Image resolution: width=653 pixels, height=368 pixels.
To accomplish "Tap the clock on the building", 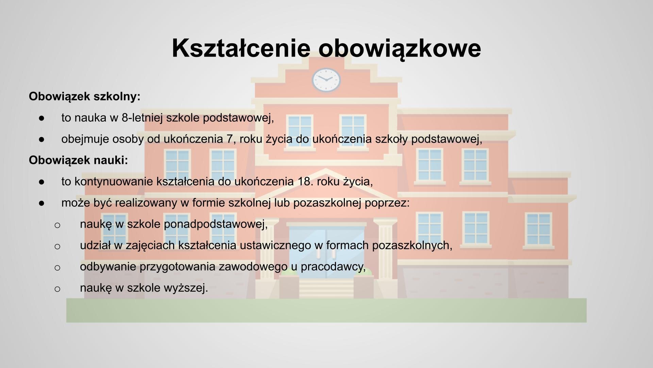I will point(326,80).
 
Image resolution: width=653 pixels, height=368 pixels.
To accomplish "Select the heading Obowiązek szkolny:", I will point(84,96).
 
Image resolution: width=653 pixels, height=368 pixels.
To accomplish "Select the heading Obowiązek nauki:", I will point(78,160).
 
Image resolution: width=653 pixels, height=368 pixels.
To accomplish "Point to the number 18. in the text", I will point(305,181).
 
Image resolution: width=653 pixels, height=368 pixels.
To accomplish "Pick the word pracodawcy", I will point(333,266).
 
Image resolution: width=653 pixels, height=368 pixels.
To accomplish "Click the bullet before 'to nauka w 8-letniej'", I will point(42,118).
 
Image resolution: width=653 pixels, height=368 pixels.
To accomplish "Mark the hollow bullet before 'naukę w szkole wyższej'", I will point(57,289).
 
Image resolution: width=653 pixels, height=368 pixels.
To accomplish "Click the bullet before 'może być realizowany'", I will point(42,203).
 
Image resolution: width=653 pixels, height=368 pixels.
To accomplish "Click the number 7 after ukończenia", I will point(229,139).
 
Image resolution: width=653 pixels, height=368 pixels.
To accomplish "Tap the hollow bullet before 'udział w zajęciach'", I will point(57,246).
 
